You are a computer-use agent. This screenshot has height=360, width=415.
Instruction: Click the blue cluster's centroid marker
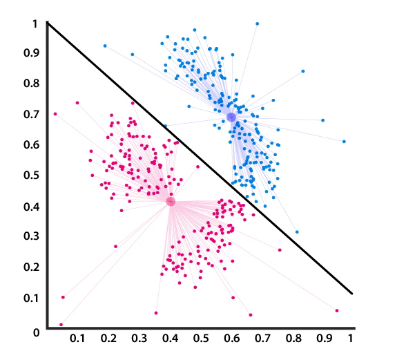[x=231, y=117]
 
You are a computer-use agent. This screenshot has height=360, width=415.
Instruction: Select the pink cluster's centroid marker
[x=171, y=202]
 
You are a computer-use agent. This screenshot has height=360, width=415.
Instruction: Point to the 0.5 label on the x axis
[x=200, y=339]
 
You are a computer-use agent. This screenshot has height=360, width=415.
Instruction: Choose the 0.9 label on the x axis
[x=323, y=339]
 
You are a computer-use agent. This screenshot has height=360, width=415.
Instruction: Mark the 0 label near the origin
[x=37, y=332]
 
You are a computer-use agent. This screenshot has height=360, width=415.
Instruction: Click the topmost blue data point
[x=257, y=23]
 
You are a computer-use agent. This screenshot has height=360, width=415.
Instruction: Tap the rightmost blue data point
[x=344, y=142]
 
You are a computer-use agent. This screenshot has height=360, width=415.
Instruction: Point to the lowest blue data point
[x=297, y=232]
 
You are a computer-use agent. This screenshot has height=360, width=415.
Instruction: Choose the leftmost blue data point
[x=105, y=46]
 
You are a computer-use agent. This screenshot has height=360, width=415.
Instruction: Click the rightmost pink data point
[x=337, y=311]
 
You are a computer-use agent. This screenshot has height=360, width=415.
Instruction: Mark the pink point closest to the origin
[x=61, y=324]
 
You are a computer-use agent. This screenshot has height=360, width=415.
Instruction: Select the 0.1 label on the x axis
[x=77, y=339]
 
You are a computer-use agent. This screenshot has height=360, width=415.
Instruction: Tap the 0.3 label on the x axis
[x=139, y=339]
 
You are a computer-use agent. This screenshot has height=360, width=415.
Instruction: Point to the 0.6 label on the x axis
[x=231, y=339]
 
